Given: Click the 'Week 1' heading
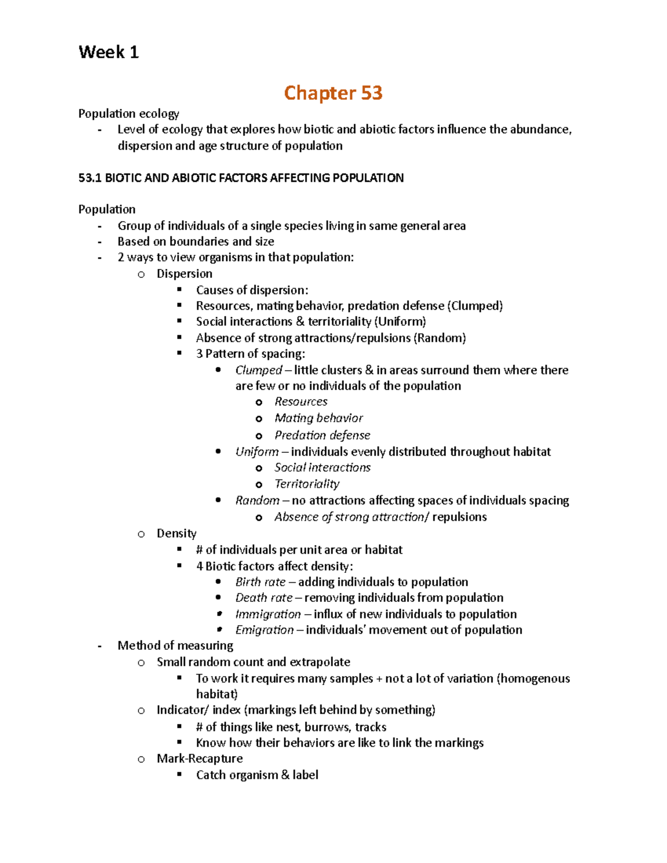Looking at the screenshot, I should pos(108,52).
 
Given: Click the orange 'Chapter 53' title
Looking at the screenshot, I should pos(333,93).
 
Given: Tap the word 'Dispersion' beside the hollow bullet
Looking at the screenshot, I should pos(184,273).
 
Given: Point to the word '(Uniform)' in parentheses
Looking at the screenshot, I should pos(400,322).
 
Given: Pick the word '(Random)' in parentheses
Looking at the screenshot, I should pos(440,338).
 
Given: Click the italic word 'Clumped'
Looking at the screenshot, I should pos(258,370).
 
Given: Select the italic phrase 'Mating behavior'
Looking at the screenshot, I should pos(318,418).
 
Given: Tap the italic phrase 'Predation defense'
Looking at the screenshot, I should pos(322,435).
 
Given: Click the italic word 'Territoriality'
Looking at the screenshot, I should pos(307,484).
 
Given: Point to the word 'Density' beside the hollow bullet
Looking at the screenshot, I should pos(176,533).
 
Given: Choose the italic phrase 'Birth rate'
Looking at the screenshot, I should pos(260,582).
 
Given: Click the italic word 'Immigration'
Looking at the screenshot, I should pos(268,614).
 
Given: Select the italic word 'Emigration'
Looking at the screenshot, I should pos(264,630).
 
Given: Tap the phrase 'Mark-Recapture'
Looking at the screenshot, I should pos(200,759).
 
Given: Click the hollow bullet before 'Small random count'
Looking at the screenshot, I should pos(141,662).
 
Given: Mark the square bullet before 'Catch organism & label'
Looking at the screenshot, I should pos(180,774).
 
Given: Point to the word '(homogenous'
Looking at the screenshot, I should pos(533,679).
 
